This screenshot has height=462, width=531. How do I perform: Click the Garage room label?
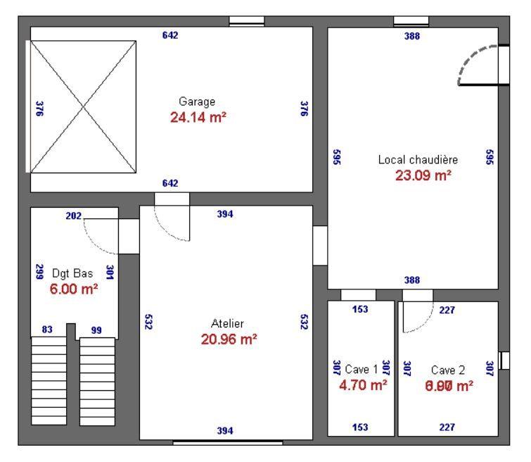[197, 101]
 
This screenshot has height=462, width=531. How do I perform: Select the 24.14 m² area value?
[198, 117]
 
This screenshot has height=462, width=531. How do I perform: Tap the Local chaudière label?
[418, 160]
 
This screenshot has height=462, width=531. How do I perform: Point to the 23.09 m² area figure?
[423, 175]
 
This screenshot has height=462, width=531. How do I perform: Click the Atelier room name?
[227, 324]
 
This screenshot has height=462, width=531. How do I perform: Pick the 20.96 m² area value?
[229, 339]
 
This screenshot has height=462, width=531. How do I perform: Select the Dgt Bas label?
[73, 273]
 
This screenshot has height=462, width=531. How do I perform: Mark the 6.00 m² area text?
[73, 289]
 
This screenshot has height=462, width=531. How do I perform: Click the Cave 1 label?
[362, 369]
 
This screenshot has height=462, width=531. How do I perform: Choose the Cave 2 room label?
[448, 369]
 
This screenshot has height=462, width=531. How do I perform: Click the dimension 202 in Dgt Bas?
[73, 216]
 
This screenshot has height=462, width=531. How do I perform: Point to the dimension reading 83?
[48, 330]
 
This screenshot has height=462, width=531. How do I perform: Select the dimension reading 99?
[96, 330]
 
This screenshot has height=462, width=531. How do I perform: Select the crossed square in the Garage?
[83, 106]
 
